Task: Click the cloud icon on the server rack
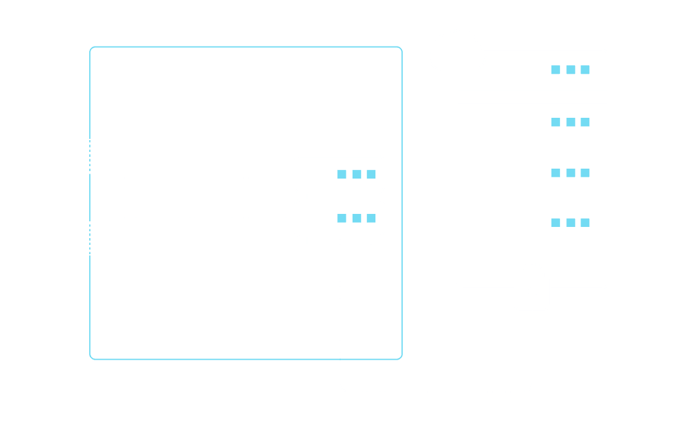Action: [x=457, y=51]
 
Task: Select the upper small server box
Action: [x=339, y=174]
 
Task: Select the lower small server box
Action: [x=339, y=218]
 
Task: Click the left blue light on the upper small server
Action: [x=341, y=175]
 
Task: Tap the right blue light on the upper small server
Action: [x=371, y=175]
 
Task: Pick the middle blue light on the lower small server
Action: [x=356, y=218]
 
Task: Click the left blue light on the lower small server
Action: [x=341, y=218]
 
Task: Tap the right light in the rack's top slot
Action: [x=585, y=70]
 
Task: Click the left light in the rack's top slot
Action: [x=556, y=70]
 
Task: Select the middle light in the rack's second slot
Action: [x=571, y=122]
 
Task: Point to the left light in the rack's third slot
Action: [x=556, y=172]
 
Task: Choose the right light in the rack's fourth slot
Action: [x=585, y=223]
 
